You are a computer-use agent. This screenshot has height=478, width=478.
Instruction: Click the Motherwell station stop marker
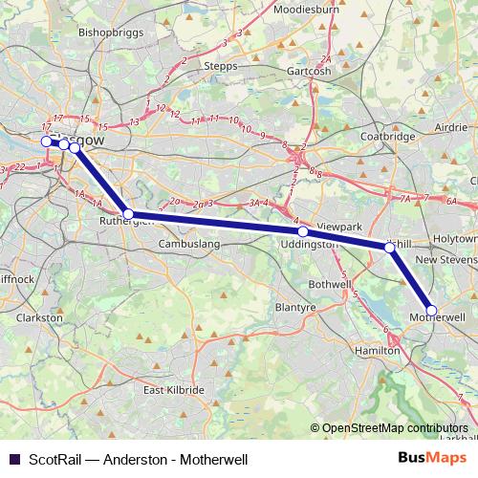(431, 311)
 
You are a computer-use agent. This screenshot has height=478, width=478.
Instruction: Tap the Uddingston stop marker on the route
(302, 232)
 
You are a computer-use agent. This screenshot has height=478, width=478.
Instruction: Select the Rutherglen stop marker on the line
(129, 215)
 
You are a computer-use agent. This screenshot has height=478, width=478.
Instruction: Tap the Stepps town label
(222, 66)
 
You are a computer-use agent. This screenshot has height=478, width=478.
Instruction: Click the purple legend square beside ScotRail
(13, 460)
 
